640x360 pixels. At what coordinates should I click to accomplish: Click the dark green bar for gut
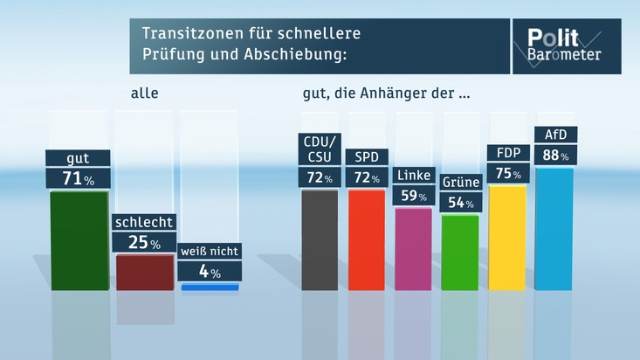(x=79, y=239)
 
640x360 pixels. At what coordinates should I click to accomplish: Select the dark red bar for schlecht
(x=144, y=272)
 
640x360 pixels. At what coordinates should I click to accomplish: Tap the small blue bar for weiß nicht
(x=210, y=286)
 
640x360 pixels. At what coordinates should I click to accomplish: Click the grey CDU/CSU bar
(x=320, y=239)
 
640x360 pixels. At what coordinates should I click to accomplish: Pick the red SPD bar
(x=367, y=239)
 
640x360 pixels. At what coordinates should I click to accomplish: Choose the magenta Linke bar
(x=413, y=249)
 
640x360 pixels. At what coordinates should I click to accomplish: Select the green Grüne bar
(x=460, y=253)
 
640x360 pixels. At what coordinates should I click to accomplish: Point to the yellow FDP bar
(x=507, y=237)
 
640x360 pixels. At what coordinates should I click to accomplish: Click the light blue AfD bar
(x=554, y=229)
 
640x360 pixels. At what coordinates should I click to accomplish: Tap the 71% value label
(x=79, y=178)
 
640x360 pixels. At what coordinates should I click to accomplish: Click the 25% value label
(x=144, y=243)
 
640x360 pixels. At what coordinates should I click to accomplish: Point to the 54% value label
(x=460, y=203)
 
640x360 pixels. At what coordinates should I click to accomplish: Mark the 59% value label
(x=413, y=195)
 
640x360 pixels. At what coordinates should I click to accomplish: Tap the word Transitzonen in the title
(x=188, y=35)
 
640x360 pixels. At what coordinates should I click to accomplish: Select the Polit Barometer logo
(x=565, y=45)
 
